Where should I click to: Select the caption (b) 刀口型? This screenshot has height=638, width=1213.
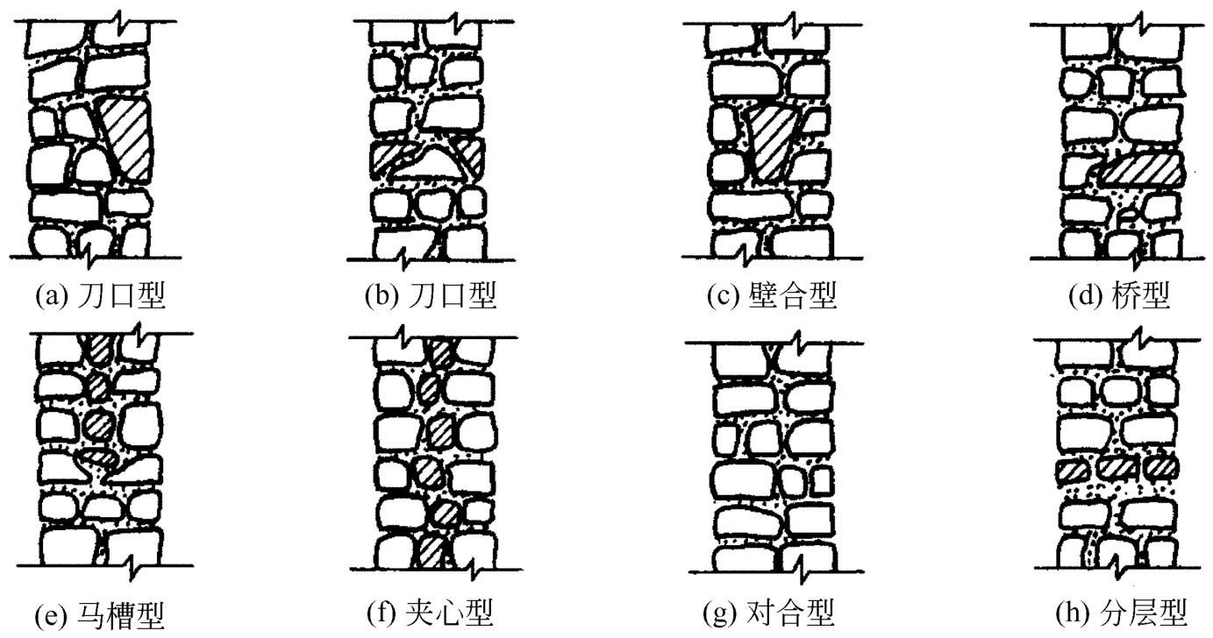click(431, 296)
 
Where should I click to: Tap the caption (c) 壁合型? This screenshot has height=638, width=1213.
click(772, 296)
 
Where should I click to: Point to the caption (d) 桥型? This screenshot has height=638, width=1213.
click(1119, 296)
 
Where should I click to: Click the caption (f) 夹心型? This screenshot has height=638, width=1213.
click(430, 611)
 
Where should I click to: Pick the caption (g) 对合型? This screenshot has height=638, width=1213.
click(772, 611)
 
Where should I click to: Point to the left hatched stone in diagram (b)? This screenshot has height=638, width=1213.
click(388, 159)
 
